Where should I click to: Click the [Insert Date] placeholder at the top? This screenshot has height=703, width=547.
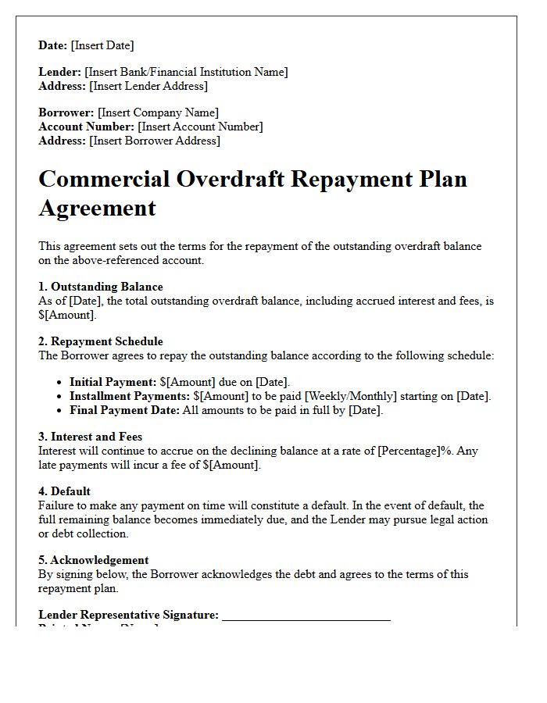tap(102, 45)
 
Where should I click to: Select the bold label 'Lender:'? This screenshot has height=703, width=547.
tap(60, 72)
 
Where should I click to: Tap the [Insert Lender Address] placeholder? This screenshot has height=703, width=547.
tap(148, 86)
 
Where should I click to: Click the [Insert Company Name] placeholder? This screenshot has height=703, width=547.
tap(158, 112)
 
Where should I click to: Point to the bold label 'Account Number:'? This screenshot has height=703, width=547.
tap(86, 127)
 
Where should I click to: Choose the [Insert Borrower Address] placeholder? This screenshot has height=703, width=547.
tap(155, 141)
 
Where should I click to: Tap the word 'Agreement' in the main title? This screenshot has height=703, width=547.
tap(97, 209)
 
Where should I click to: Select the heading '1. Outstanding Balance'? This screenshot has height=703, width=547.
tap(101, 287)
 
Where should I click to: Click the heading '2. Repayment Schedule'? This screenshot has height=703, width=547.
tap(101, 341)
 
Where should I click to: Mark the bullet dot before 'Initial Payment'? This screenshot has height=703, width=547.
tap(60, 383)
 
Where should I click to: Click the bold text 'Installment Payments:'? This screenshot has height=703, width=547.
tap(130, 396)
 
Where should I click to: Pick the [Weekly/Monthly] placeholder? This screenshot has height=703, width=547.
tap(356, 396)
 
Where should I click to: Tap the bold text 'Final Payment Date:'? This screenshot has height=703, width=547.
tap(125, 410)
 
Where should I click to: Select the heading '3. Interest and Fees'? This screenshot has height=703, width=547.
tap(91, 437)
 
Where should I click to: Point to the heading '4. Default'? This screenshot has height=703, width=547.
tap(65, 491)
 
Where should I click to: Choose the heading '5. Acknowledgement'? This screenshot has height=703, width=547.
tap(94, 560)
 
